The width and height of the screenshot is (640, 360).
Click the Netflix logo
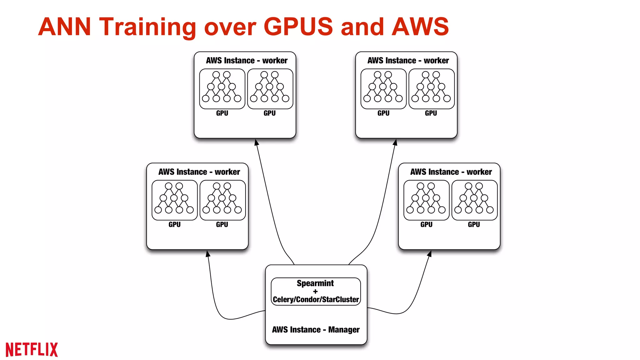point(32,349)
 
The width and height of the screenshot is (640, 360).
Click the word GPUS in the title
point(298,27)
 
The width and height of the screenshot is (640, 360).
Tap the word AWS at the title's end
point(420,27)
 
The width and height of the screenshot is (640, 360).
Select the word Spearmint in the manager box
point(315,283)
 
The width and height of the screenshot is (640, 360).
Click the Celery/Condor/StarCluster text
point(316,299)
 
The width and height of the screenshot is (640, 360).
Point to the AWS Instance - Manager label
point(316,329)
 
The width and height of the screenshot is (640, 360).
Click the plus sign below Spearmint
point(315,291)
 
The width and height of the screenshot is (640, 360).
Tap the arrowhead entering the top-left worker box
point(257,142)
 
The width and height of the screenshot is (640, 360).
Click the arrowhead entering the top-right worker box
point(395,142)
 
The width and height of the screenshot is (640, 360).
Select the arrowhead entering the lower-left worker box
point(208,254)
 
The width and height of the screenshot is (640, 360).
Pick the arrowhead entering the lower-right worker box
point(430,254)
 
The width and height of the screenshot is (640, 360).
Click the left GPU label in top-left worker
point(222,113)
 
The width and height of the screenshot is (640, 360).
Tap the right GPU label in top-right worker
point(431,113)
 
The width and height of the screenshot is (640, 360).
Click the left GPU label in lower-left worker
point(174,224)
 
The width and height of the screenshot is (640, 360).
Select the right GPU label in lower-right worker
point(474,224)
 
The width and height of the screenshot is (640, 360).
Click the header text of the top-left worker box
point(247,60)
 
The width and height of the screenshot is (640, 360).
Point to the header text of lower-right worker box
point(451,172)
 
